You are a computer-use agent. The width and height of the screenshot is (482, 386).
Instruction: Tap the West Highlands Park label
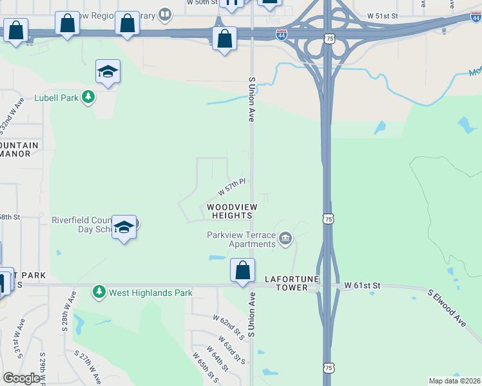tap(150, 293)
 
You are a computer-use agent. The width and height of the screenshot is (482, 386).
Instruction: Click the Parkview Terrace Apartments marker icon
tap(285, 240)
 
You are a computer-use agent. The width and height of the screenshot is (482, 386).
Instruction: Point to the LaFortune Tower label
tap(286, 283)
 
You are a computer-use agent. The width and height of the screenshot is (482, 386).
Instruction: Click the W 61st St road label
tap(363, 284)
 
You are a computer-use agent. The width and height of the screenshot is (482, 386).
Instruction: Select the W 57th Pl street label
tap(233, 188)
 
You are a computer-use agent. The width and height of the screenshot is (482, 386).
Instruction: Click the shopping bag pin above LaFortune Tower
tap(243, 270)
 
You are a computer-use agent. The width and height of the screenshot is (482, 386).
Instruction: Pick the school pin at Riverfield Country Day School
tap(124, 227)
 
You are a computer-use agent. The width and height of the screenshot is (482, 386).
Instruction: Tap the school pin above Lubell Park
tap(108, 72)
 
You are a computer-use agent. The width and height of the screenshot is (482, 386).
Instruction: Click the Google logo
tap(21, 378)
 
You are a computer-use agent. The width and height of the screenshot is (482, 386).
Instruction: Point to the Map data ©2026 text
tap(455, 381)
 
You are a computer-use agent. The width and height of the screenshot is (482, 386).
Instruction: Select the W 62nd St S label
tap(229, 325)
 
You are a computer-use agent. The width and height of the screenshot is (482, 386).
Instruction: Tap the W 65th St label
tap(202, 367)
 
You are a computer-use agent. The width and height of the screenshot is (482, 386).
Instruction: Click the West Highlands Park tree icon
tap(99, 292)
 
